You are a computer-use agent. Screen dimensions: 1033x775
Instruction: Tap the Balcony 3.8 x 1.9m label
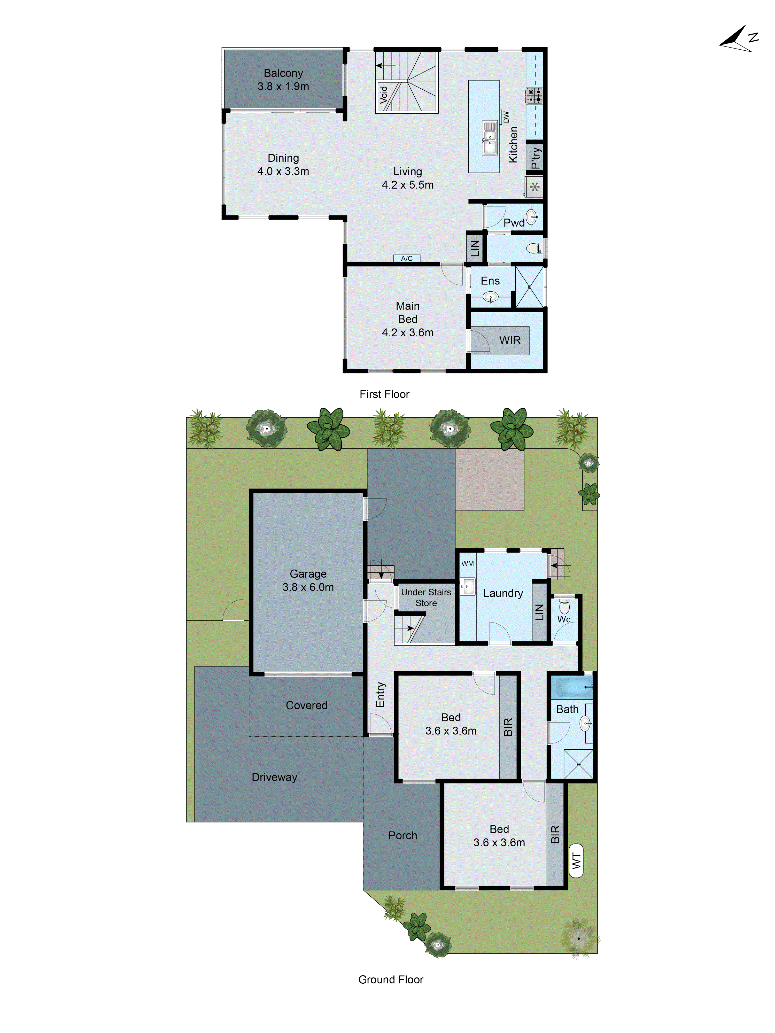(283, 79)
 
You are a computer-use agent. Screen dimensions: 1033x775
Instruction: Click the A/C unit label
(406, 258)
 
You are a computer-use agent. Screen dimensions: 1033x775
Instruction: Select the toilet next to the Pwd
(534, 248)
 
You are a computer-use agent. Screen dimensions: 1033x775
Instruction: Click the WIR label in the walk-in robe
(510, 340)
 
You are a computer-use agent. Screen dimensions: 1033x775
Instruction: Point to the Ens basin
(490, 296)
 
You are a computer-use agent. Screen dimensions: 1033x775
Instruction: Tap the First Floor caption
(384, 394)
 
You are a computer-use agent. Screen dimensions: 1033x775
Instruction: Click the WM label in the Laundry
(467, 564)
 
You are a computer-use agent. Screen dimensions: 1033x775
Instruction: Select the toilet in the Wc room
(564, 607)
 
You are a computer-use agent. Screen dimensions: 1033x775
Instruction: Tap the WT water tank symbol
(576, 860)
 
